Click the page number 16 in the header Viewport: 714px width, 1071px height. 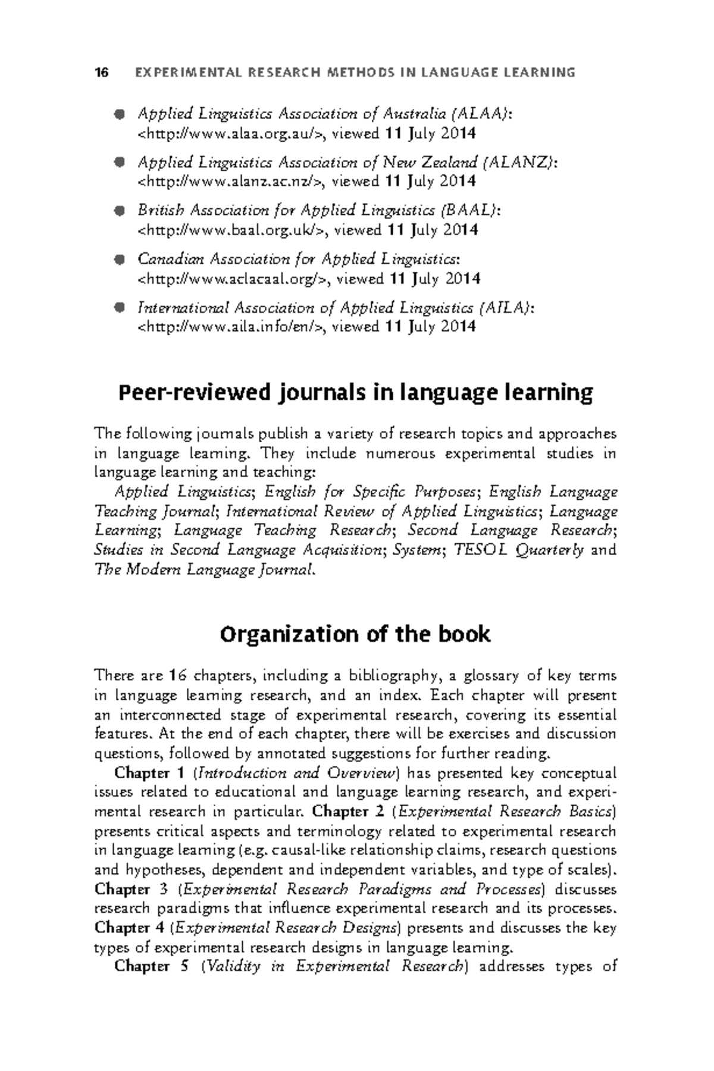point(102,73)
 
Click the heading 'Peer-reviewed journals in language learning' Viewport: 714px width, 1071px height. point(356,393)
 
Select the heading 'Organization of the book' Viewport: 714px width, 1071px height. point(355,635)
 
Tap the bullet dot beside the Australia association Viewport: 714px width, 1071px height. point(119,113)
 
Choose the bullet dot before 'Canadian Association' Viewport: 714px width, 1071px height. point(119,259)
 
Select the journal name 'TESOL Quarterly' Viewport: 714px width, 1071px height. point(519,550)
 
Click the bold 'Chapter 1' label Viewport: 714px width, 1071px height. point(150,773)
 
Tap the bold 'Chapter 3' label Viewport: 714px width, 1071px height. point(131,890)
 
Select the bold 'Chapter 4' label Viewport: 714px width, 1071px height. point(131,928)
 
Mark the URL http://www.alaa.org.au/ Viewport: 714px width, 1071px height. point(230,133)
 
